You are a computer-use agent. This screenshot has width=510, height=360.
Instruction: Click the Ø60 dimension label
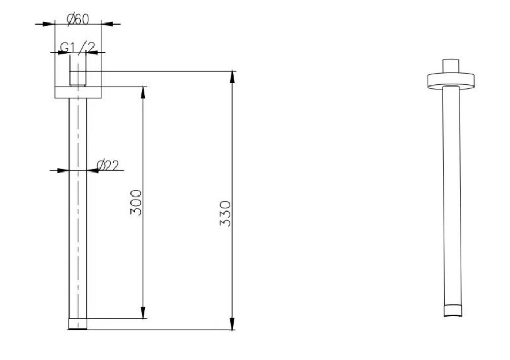(78, 19)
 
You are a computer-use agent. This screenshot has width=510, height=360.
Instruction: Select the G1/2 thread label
(78, 48)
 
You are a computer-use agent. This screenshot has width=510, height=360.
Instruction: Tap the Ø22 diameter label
(108, 166)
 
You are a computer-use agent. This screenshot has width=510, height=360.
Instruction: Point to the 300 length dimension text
(136, 202)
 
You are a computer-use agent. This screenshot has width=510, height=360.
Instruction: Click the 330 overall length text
(225, 214)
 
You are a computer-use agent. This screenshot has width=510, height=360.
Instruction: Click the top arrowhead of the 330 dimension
(232, 77)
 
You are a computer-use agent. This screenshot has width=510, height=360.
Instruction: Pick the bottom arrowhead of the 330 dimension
(232, 323)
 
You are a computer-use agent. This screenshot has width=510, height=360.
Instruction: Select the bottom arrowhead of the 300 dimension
(142, 312)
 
